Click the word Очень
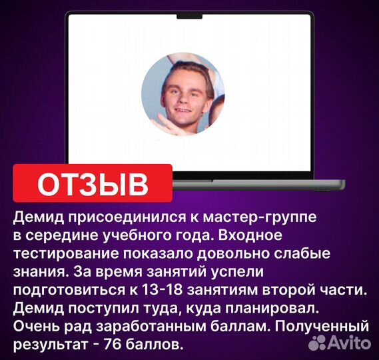34,327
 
